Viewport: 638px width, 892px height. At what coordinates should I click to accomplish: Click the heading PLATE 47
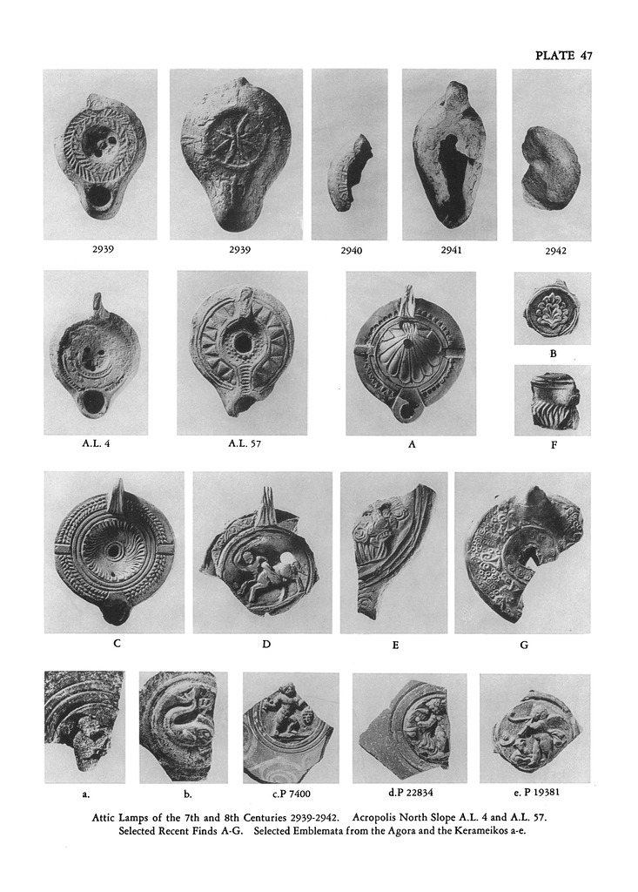(564, 55)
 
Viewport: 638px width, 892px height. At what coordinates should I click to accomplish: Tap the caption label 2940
(352, 250)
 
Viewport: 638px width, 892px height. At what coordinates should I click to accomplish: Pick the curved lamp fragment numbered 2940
(349, 173)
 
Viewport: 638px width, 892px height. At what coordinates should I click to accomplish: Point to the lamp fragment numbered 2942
(550, 166)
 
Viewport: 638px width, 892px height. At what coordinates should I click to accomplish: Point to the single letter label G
(524, 645)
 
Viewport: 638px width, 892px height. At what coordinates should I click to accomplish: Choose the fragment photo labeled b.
(183, 727)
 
